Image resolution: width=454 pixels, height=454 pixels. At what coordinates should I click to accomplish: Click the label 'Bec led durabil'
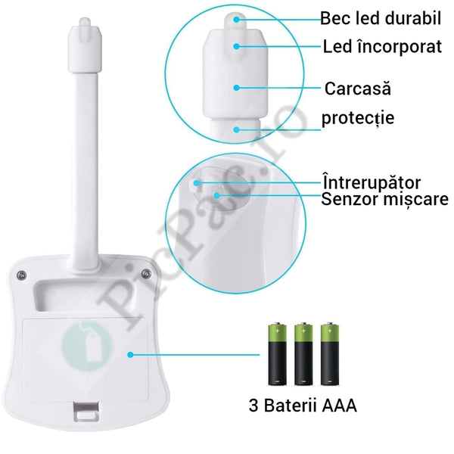(x=381, y=18)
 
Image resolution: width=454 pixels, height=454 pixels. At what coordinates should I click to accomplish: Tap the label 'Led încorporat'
(x=382, y=46)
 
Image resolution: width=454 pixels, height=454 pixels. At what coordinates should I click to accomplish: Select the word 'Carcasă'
(x=358, y=88)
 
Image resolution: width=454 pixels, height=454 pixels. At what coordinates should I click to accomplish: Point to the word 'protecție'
(x=358, y=118)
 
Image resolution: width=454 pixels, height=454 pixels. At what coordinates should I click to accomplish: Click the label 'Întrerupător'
(x=372, y=182)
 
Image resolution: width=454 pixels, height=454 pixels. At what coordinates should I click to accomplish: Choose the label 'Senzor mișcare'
(x=385, y=199)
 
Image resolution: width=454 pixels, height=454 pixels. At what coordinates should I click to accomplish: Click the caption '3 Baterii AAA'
(x=303, y=405)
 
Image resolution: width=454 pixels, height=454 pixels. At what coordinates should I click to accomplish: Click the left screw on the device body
(x=21, y=275)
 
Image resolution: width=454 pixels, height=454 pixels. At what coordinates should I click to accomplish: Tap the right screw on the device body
(x=146, y=273)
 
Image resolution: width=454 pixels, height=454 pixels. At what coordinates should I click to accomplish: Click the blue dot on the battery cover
(x=131, y=354)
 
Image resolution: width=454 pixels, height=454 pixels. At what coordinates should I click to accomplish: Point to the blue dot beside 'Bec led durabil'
(x=237, y=20)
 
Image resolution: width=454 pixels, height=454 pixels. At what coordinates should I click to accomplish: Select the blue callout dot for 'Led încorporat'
(x=237, y=46)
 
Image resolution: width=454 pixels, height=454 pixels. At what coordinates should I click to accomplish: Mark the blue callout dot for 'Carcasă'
(x=237, y=88)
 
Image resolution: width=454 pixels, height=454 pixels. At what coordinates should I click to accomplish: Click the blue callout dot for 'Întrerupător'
(x=197, y=183)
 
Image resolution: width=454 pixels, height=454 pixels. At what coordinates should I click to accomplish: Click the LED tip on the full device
(x=86, y=24)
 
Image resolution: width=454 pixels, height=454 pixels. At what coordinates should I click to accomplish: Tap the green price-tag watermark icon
(x=88, y=345)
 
